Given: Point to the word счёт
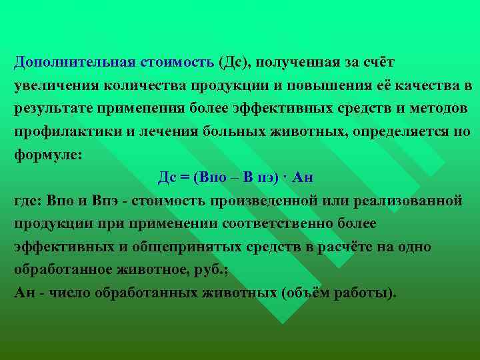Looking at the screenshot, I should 378,63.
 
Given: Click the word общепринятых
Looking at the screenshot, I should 171,247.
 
